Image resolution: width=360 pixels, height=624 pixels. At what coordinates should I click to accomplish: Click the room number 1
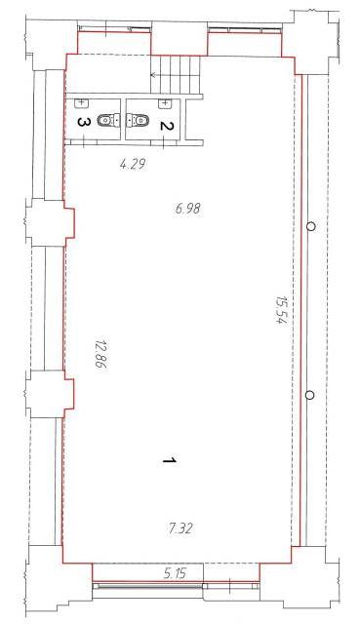pos(169,460)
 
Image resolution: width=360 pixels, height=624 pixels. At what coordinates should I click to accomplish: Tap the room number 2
pos(167,126)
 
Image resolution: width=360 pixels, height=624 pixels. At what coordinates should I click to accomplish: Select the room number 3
pos(83,122)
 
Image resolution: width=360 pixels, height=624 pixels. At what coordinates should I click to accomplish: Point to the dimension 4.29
pos(132,164)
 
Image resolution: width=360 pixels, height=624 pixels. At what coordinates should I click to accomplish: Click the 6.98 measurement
pos(187,208)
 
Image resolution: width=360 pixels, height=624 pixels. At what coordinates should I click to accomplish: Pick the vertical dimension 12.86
pos(101,354)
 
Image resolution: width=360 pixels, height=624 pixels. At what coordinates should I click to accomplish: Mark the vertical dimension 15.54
pos(281,310)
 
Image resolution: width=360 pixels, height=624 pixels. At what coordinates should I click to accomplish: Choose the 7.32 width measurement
pos(180,528)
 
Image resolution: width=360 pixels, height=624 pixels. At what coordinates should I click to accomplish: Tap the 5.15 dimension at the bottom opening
pos(175,574)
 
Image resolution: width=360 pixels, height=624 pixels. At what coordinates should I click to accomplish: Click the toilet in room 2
pos(138,120)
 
